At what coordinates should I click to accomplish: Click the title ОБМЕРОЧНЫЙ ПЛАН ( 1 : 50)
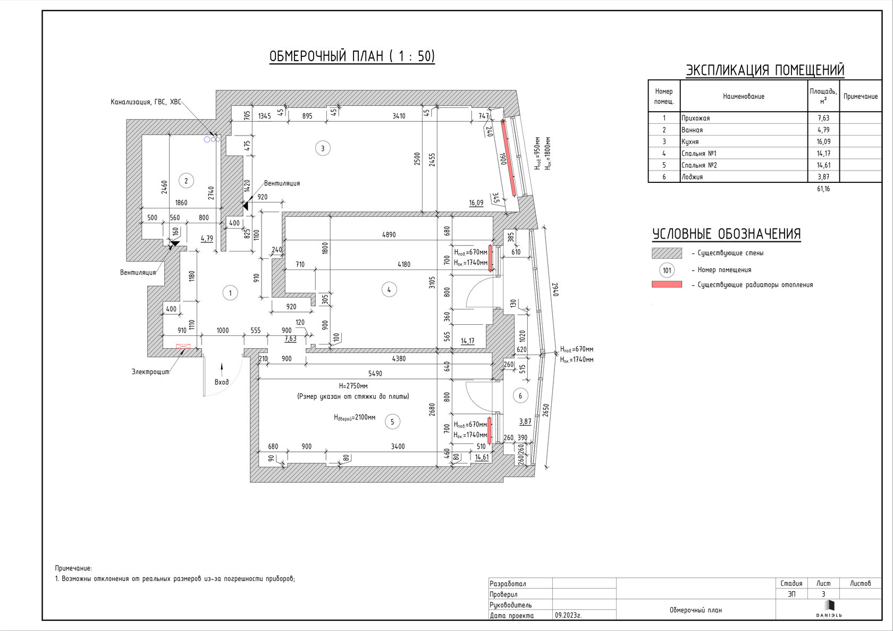[x=352, y=56]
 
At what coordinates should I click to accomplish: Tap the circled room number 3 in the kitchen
[x=323, y=148]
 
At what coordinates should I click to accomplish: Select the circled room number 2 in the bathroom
[x=186, y=181]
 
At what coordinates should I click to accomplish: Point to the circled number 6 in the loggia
[x=520, y=396]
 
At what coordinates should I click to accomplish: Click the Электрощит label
[x=150, y=372]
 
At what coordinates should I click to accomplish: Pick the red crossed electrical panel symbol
[x=183, y=347]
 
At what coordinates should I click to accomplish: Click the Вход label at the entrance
[x=222, y=382]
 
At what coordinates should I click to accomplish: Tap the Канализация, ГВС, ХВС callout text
[x=146, y=102]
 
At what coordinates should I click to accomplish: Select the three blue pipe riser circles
[x=212, y=139]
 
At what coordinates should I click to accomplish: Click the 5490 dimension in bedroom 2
[x=375, y=374]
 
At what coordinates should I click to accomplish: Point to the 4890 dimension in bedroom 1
[x=389, y=234]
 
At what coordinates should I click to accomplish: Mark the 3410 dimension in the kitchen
[x=399, y=116]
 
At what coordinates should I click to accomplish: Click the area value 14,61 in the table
[x=823, y=165]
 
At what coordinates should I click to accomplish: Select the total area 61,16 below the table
[x=823, y=189]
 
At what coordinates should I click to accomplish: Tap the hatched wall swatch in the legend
[x=667, y=253]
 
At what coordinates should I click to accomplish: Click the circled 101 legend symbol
[x=667, y=270]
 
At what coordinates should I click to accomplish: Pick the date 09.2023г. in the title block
[x=568, y=615]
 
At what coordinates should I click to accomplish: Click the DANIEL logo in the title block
[x=829, y=609]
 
